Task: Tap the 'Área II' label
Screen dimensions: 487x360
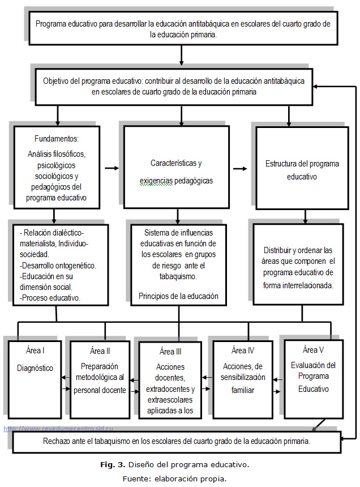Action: [100, 351]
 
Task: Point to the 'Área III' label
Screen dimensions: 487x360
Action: [170, 352]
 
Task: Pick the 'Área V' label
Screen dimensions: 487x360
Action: [314, 349]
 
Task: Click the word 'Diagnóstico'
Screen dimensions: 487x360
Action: [35, 368]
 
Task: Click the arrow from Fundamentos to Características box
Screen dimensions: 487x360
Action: [112, 168]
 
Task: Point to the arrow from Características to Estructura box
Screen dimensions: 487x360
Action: [241, 168]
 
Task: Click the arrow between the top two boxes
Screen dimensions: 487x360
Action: [181, 54]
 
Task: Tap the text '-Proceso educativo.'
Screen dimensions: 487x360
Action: [49, 297]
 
